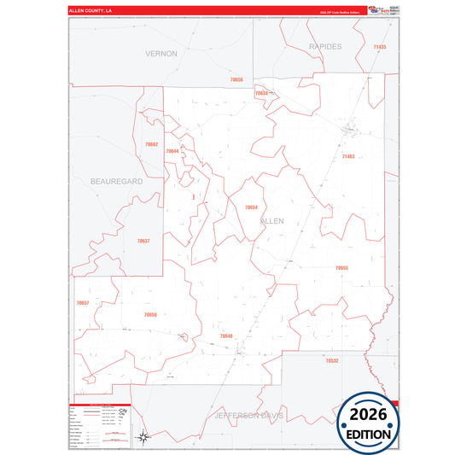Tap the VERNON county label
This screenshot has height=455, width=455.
click(161, 54)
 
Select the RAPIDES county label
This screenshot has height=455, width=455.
click(324, 46)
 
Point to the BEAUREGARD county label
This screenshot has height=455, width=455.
click(116, 182)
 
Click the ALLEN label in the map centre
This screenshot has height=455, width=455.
click(271, 220)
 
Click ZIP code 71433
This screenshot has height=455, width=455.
click(379, 47)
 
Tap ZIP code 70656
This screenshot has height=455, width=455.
click(236, 79)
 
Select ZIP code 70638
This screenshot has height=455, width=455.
click(262, 93)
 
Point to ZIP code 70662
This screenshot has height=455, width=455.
click(151, 144)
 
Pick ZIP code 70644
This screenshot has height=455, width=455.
click(172, 151)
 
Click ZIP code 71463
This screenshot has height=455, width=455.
click(347, 157)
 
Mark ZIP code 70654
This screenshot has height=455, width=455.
click(251, 207)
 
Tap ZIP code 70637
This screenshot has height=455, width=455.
click(143, 241)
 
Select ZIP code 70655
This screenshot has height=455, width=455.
click(341, 268)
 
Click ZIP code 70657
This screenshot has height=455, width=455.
click(83, 303)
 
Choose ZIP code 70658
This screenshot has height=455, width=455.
click(150, 315)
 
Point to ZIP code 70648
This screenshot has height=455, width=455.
click(226, 336)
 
